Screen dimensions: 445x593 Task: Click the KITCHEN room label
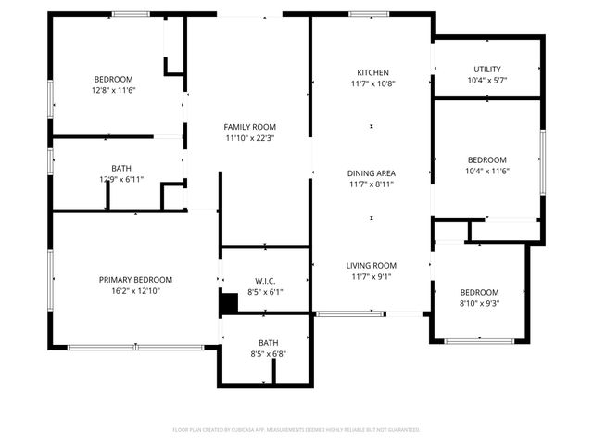click(x=372, y=72)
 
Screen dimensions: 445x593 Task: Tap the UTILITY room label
click(x=486, y=70)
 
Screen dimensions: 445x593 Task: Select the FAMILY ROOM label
click(x=250, y=127)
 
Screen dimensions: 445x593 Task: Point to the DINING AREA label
click(x=372, y=173)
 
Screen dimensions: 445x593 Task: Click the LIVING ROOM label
click(x=372, y=265)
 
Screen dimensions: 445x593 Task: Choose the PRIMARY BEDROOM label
click(x=135, y=279)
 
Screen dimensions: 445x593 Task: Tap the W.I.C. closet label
click(x=265, y=281)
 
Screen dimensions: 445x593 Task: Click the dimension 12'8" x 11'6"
click(x=113, y=90)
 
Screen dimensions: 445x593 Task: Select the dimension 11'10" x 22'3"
click(x=250, y=138)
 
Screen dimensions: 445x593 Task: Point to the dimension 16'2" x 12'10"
click(x=135, y=290)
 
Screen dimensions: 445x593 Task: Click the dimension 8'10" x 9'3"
click(x=480, y=303)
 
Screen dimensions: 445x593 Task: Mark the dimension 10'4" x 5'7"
click(x=486, y=81)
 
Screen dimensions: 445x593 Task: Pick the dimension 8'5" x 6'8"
click(x=268, y=353)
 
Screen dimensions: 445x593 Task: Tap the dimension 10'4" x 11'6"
click(x=486, y=171)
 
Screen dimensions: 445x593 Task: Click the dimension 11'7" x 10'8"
click(x=372, y=83)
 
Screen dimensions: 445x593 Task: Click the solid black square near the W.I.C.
click(x=227, y=302)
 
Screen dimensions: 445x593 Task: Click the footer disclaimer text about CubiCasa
click(x=296, y=430)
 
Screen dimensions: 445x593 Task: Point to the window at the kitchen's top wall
click(x=369, y=13)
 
